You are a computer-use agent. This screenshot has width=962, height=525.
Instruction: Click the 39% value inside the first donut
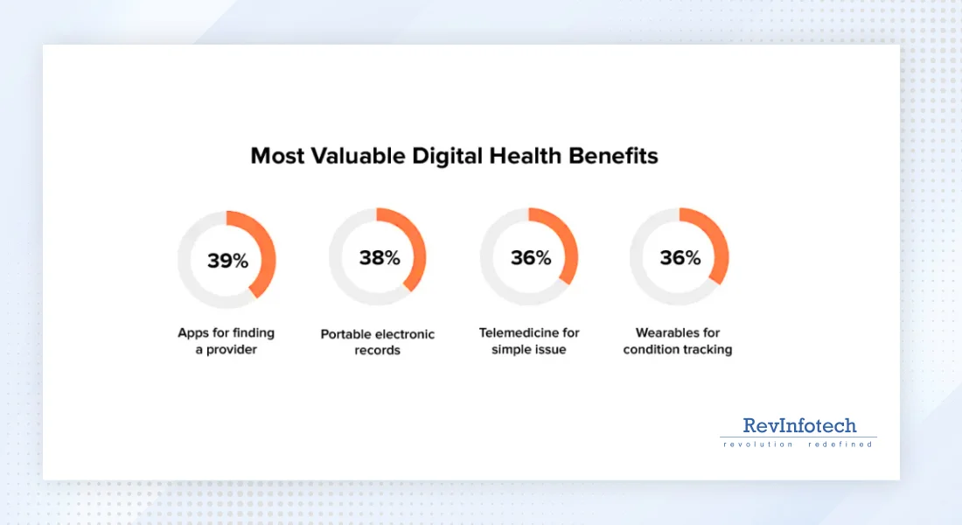tap(227, 260)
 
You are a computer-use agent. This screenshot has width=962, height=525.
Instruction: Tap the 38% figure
tap(379, 258)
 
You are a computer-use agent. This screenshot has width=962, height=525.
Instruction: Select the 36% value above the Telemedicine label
tap(531, 258)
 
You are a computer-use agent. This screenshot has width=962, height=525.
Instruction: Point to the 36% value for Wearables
tap(680, 258)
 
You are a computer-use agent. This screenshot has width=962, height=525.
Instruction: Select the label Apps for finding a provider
tap(226, 341)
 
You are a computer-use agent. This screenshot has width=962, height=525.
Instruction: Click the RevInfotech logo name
tap(798, 426)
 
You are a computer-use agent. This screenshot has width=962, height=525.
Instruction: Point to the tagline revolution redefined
tap(798, 444)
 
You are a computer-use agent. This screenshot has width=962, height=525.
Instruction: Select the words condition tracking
tap(678, 349)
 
